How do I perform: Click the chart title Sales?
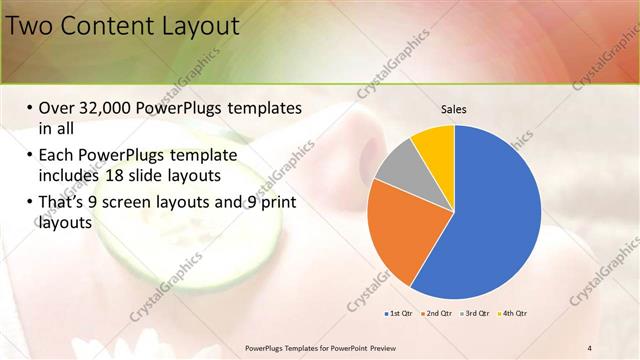click(454, 110)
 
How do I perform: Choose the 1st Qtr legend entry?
click(398, 313)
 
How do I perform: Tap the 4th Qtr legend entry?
click(513, 313)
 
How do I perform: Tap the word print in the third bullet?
click(278, 203)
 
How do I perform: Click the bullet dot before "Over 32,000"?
click(29, 109)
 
